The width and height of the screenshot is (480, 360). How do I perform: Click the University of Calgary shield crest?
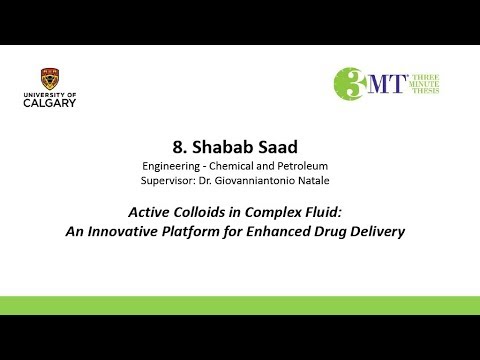pyautogui.click(x=49, y=78)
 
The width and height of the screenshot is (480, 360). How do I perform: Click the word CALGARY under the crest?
pyautogui.click(x=49, y=102)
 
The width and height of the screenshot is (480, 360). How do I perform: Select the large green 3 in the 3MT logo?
pyautogui.click(x=352, y=84)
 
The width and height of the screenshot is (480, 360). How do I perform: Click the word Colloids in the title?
pyautogui.click(x=208, y=211)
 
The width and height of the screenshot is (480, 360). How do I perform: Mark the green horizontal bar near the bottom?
pyautogui.click(x=240, y=305)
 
